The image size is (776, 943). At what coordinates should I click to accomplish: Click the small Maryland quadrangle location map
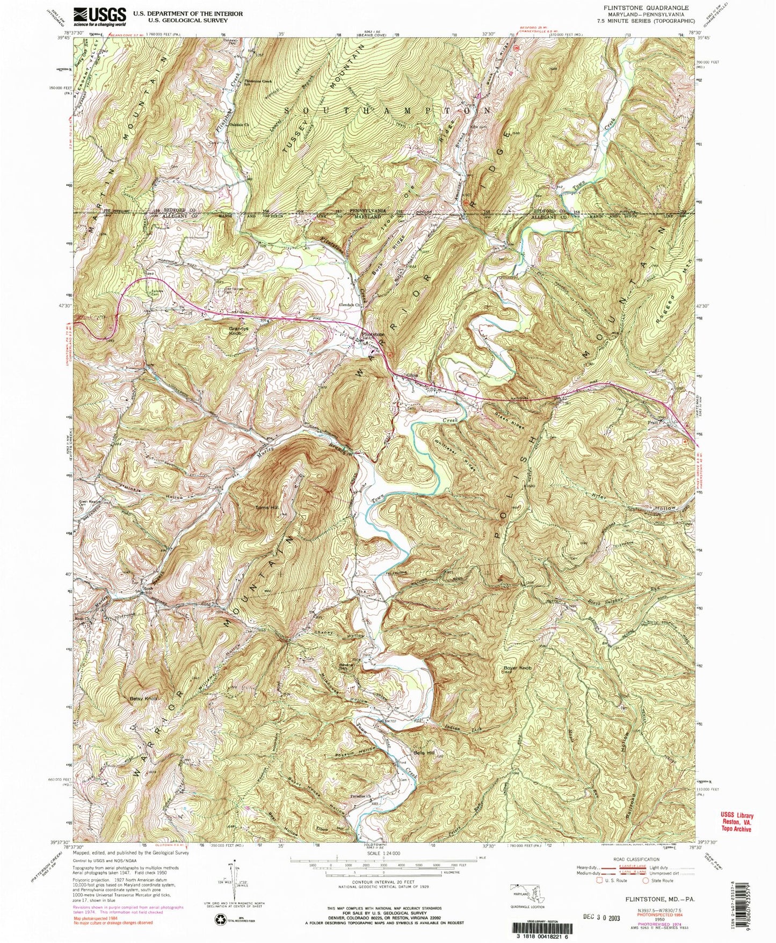point(524,894)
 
